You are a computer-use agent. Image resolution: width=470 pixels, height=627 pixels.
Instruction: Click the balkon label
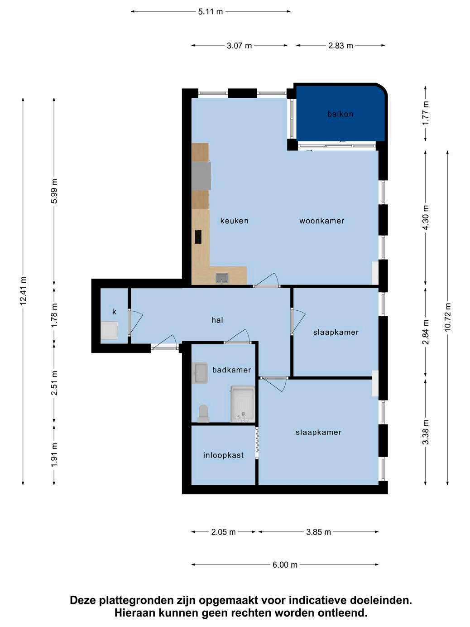click(340, 114)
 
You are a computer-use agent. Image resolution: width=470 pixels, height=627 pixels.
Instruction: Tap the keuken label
click(234, 221)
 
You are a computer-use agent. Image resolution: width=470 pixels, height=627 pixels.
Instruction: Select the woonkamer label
click(321, 221)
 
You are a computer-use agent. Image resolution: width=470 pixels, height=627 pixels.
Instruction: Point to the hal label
click(217, 320)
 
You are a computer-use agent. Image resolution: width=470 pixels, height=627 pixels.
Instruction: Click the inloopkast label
click(223, 455)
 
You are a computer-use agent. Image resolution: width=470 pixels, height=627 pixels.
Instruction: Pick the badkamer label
click(232, 370)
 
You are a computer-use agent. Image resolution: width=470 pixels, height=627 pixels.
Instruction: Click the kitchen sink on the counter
click(222, 277)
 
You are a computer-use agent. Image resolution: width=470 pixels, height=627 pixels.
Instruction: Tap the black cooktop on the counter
click(198, 237)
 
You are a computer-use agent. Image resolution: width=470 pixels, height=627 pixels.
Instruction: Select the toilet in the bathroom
click(203, 413)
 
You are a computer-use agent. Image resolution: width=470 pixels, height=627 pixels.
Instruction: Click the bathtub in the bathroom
click(243, 404)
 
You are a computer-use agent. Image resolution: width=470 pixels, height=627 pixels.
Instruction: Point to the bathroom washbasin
click(200, 373)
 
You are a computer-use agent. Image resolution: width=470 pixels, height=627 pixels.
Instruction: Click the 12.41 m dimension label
click(23, 291)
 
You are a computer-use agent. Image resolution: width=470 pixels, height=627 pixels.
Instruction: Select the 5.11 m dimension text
click(210, 12)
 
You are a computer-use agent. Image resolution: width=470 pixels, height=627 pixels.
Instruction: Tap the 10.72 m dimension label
click(447, 317)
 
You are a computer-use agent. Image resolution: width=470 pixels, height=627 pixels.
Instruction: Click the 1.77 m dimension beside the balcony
click(426, 113)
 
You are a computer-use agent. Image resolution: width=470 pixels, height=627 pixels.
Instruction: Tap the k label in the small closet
click(114, 312)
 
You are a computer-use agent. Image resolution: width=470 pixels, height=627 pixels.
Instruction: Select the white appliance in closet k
click(110, 331)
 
